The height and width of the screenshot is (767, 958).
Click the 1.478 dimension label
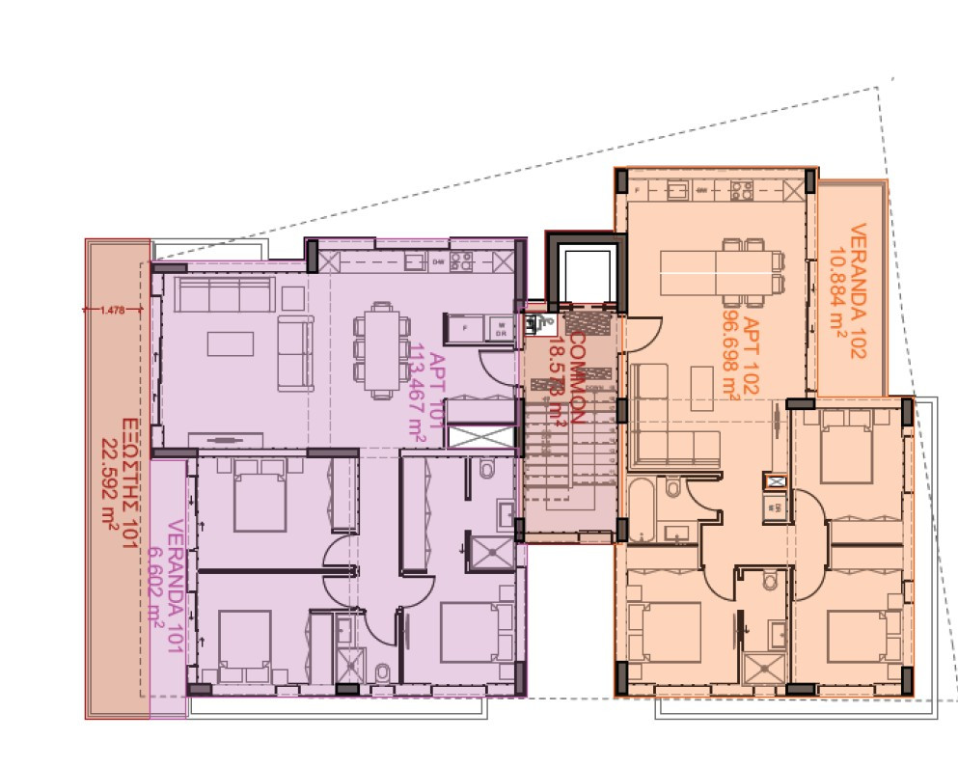pyautogui.click(x=113, y=310)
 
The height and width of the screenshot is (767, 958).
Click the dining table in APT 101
pyautogui.click(x=377, y=345)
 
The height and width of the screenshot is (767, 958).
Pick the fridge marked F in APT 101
pyautogui.click(x=464, y=328)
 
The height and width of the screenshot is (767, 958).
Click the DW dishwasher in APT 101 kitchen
pyautogui.click(x=437, y=260)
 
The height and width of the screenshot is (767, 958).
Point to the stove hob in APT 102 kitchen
pyautogui.click(x=741, y=190)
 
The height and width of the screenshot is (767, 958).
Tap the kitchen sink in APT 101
pyautogui.click(x=415, y=260)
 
